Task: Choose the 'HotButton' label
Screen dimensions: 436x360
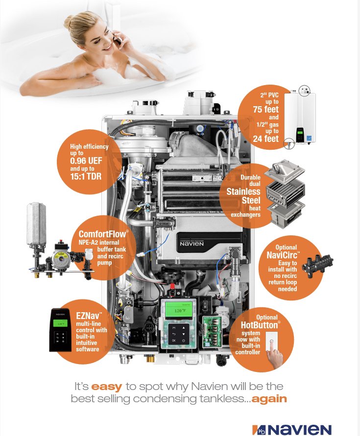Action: [261, 325]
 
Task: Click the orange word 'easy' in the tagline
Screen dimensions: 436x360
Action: [106, 387]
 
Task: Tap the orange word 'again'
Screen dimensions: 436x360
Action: [269, 398]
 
